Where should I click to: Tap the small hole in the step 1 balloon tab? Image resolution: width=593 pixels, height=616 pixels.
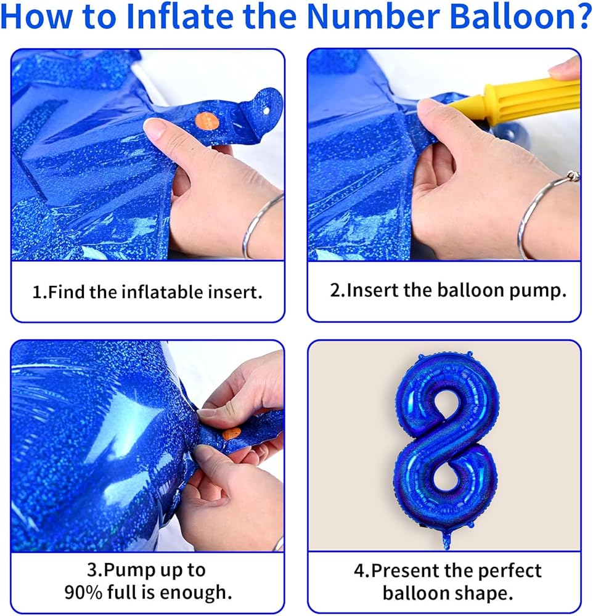(x=266, y=111)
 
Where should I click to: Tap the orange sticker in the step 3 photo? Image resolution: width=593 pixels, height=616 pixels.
(x=231, y=434)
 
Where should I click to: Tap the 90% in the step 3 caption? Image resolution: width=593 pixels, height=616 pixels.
(x=83, y=592)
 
